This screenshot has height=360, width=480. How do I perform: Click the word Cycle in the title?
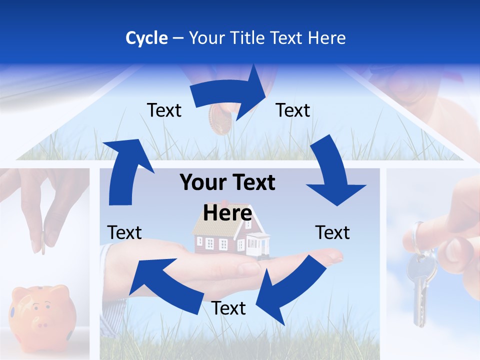point(146,38)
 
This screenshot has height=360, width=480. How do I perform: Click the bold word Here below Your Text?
point(227,213)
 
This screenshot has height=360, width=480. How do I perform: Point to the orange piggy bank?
point(44,312)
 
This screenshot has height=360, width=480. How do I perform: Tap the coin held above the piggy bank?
point(43,242)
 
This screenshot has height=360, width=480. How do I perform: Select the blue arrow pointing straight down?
point(332,172)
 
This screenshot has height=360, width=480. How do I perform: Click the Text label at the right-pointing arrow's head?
point(293,110)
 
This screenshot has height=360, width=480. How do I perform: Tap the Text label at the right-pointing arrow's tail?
point(164,110)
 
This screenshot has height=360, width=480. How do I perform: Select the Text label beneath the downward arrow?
point(332,232)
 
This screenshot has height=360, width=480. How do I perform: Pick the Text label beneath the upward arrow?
point(124,232)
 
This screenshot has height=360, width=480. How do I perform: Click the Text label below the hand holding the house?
point(228,308)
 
